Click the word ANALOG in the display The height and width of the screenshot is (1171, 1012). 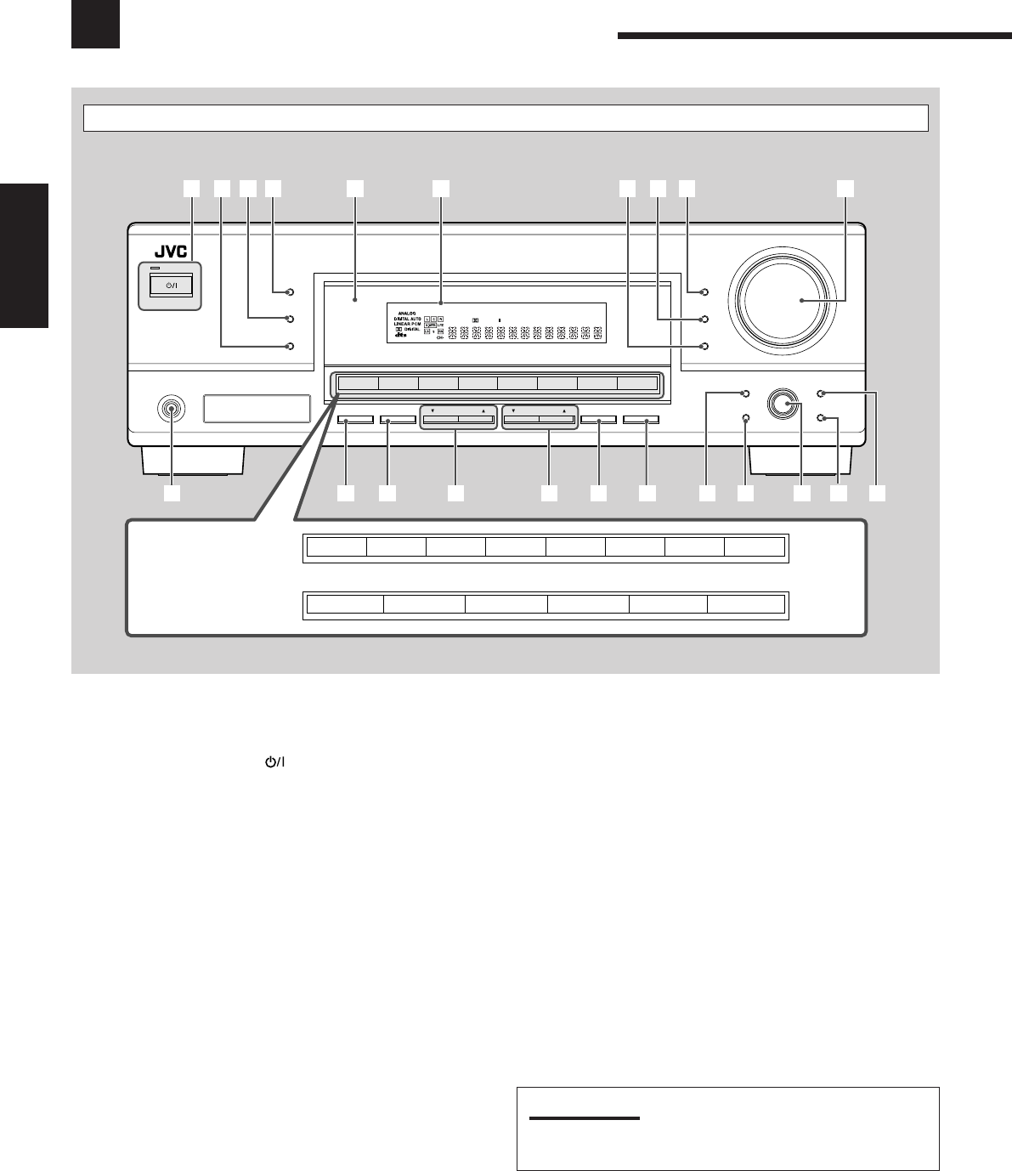click(x=406, y=313)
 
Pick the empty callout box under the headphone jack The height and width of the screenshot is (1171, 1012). click(x=172, y=493)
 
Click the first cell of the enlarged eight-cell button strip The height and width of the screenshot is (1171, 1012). click(x=336, y=546)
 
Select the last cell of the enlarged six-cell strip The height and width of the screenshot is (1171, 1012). click(x=746, y=604)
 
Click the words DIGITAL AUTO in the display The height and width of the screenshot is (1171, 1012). click(x=403, y=319)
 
